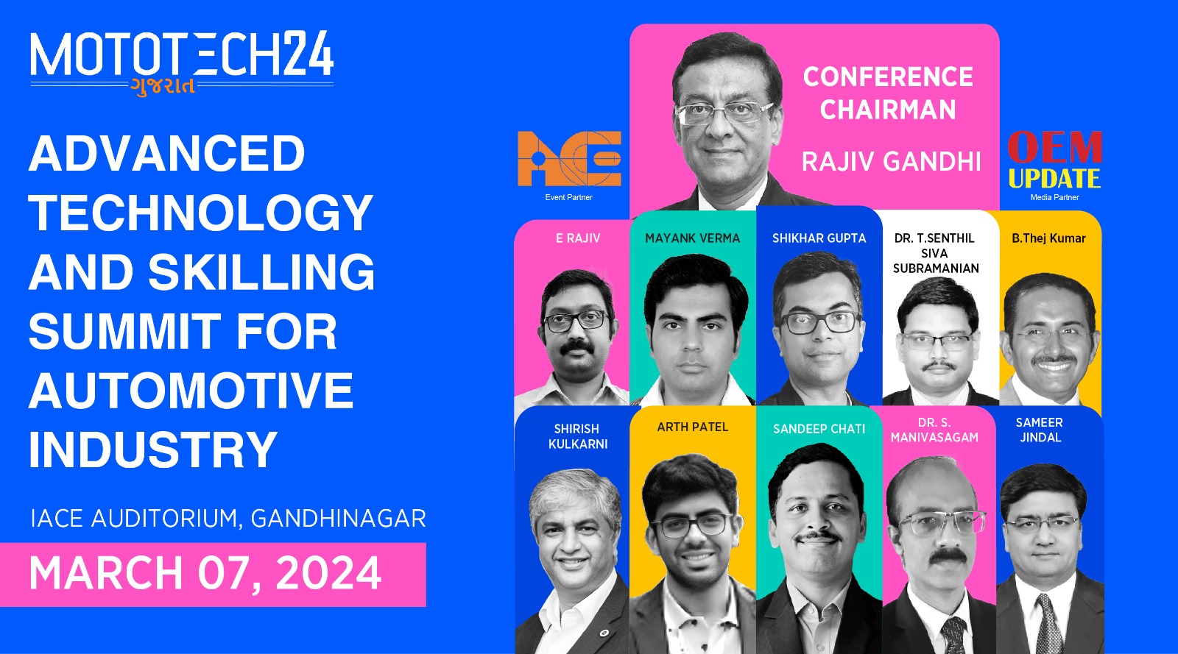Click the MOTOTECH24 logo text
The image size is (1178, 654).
[x=182, y=54]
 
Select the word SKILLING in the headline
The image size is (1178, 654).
[x=261, y=271]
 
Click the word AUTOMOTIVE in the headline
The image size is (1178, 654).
[x=191, y=391]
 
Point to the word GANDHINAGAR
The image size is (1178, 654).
[x=338, y=519]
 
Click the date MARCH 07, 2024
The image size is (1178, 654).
[x=205, y=573]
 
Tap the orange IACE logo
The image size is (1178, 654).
[x=570, y=159]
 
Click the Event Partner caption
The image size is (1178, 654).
[x=568, y=197]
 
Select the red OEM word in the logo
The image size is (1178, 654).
[x=1054, y=147]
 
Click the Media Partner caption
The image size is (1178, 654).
[x=1054, y=197]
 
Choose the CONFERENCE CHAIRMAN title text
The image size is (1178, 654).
[x=888, y=93]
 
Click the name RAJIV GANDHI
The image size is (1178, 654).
[x=892, y=161]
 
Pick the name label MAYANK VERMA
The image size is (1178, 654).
[x=693, y=238]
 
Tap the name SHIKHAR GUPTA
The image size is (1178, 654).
[x=819, y=238]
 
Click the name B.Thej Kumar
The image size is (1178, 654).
[x=1048, y=238]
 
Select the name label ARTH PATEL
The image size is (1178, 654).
[x=693, y=427]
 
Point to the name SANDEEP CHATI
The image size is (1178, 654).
[x=819, y=429]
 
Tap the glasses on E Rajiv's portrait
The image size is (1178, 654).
[x=576, y=321]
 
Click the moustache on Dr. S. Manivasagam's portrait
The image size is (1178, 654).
[x=947, y=555]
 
